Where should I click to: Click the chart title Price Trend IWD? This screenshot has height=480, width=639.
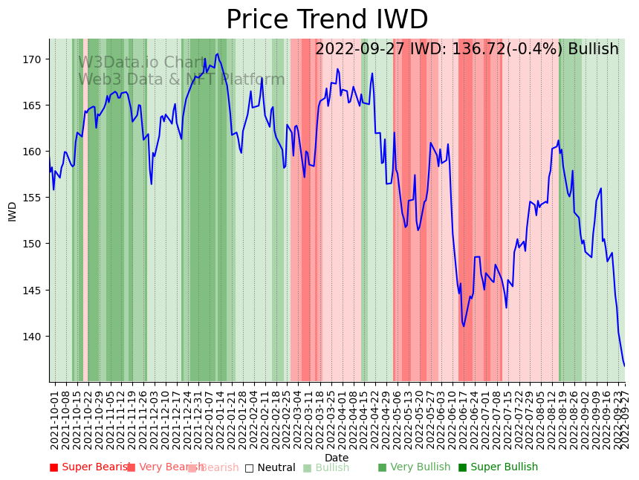327,20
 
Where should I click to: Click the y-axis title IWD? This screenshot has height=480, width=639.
13,211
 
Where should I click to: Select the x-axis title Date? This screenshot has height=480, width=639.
337,458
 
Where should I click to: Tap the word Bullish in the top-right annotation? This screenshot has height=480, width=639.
593,49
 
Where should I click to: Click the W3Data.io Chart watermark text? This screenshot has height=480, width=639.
142,63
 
